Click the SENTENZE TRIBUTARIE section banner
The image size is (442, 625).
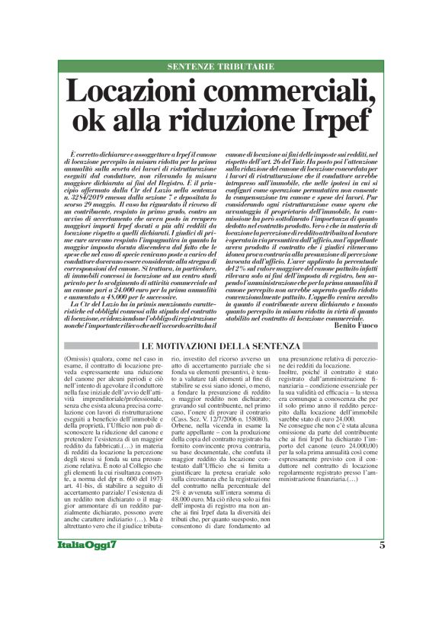pyautogui.click(x=220, y=66)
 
